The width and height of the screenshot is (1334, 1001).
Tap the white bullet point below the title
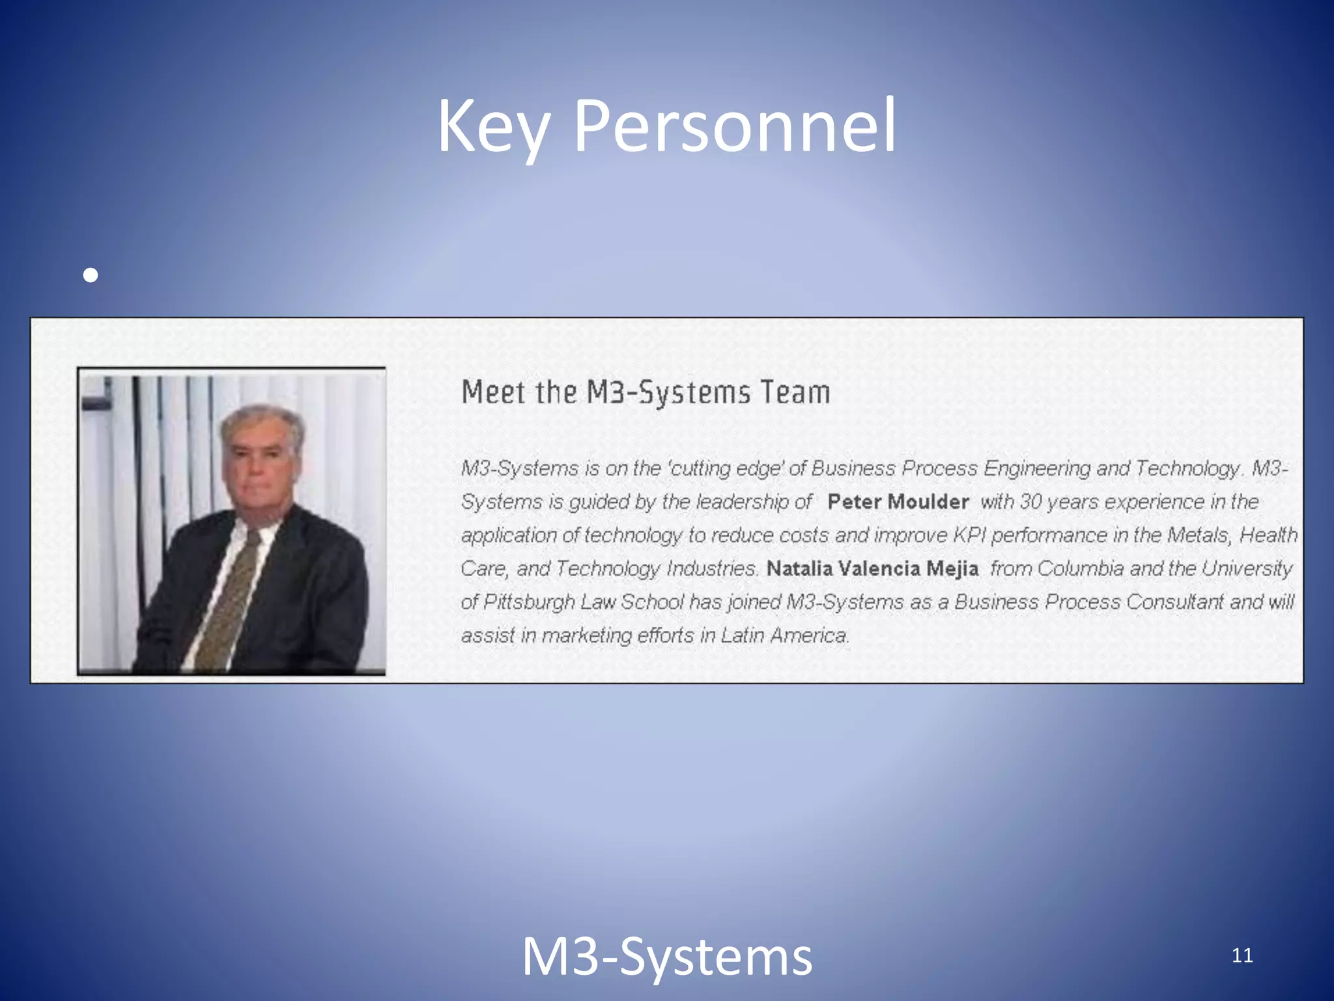(x=91, y=275)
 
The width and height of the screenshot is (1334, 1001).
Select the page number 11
(x=1242, y=955)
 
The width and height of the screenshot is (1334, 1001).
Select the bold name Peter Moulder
(x=898, y=502)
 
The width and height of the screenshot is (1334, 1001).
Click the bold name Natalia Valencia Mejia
(x=872, y=568)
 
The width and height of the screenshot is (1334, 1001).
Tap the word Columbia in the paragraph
(x=1081, y=568)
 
